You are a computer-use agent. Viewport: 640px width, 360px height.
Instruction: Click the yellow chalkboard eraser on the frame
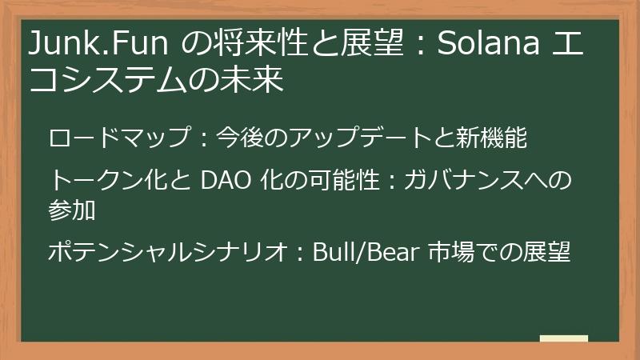click(563, 339)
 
